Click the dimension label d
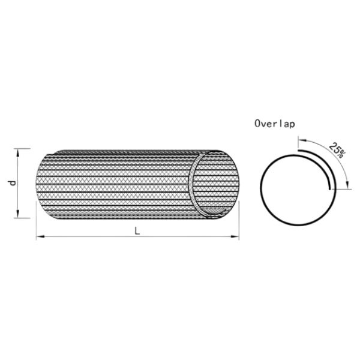tap(14, 183)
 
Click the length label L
tap(137, 231)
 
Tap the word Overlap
tap(275, 124)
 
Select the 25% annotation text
tap(337, 149)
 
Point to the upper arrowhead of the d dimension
tap(17, 152)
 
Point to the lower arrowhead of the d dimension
tap(17, 214)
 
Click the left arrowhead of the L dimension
tap(40, 236)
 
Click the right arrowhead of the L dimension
tap(235, 236)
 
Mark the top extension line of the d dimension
tap(22, 149)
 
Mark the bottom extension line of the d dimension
tap(22, 218)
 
